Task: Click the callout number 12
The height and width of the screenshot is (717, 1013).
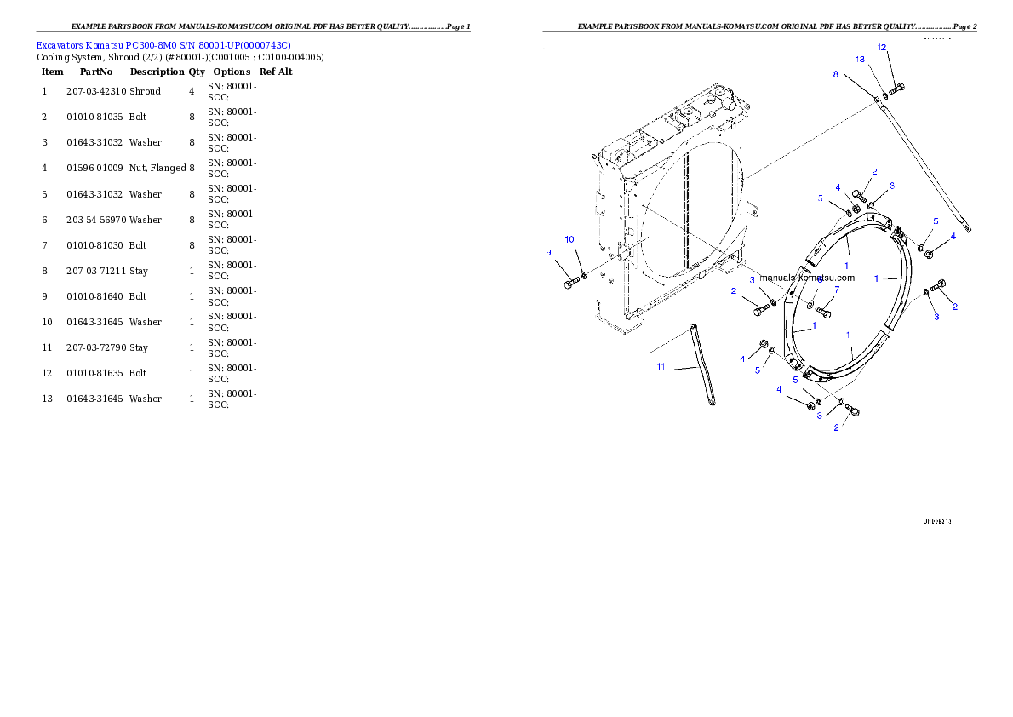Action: (x=882, y=47)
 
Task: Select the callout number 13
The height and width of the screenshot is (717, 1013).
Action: (x=861, y=60)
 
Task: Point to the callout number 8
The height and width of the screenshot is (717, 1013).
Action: (x=836, y=75)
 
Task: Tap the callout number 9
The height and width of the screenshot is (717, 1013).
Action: (x=549, y=252)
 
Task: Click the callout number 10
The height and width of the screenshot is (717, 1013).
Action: (x=569, y=239)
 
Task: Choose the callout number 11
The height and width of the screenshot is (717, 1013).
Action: (x=661, y=367)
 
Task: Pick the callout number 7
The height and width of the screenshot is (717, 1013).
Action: (x=837, y=290)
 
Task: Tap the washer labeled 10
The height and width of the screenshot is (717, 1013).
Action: (x=583, y=276)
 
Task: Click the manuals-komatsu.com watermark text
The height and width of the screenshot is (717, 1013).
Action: (x=806, y=278)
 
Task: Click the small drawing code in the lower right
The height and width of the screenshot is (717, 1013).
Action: (x=937, y=521)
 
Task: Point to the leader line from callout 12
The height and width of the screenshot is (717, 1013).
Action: (x=890, y=68)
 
